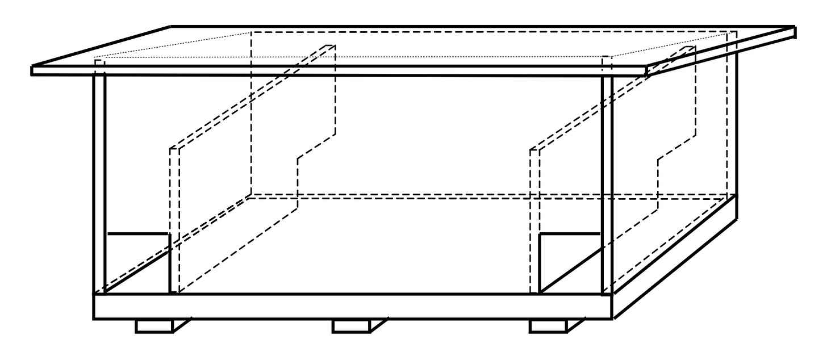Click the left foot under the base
pyautogui.click(x=154, y=326)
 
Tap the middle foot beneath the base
pyautogui.click(x=350, y=326)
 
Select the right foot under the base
pyautogui.click(x=548, y=326)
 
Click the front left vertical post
pyautogui.click(x=99, y=182)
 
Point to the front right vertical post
pyautogui.click(x=607, y=182)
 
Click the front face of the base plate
pyautogui.click(x=352, y=307)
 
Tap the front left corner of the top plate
pyautogui.click(x=32, y=70)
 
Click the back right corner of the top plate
pyautogui.click(x=794, y=27)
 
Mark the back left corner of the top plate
pyautogui.click(x=172, y=26)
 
